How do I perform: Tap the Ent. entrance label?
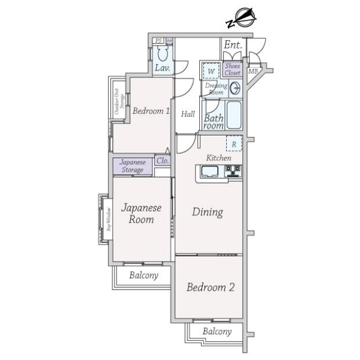tap(233, 45)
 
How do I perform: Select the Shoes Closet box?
tap(232, 70)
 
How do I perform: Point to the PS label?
tap(158, 40)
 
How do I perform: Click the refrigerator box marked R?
tap(233, 145)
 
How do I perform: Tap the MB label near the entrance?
tap(254, 72)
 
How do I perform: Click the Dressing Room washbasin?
tap(235, 89)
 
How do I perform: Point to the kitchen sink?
tap(211, 173)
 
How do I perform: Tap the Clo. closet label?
tap(162, 161)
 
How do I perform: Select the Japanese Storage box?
tap(132, 166)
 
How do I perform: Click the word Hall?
tap(188, 113)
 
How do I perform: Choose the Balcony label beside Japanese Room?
tap(144, 275)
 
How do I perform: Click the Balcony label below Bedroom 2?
tap(217, 331)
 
